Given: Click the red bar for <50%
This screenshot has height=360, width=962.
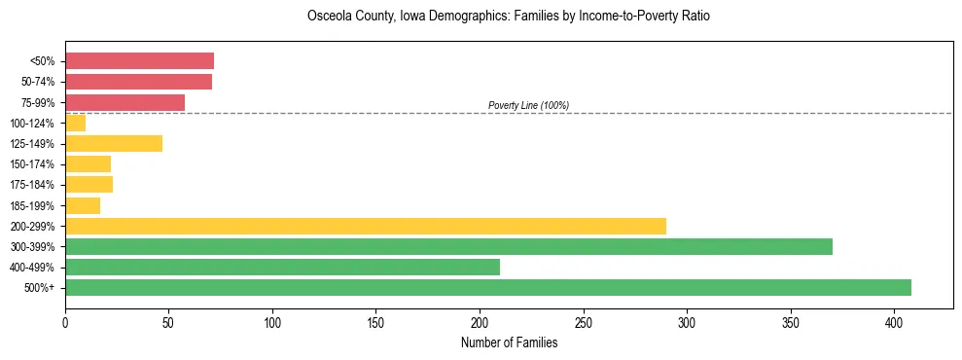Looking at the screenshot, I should point(139,61).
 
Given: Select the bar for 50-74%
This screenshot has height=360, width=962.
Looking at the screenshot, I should point(138,82).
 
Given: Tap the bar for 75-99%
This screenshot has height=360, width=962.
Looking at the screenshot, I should point(125,102).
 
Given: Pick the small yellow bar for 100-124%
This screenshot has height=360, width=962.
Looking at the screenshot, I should point(76,123).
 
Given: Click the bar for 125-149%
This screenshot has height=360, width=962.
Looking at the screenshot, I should point(114,143).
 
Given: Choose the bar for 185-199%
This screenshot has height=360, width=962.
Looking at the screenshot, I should point(83,205).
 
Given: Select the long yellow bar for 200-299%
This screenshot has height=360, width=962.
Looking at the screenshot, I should point(366,226).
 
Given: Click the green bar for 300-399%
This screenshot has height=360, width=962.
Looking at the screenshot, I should point(448,246).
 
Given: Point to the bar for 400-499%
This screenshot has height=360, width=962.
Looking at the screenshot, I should point(282,267).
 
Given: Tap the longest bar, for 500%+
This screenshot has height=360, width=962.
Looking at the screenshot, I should point(488,287).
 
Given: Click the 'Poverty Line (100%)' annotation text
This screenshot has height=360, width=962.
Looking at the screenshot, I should point(528,105).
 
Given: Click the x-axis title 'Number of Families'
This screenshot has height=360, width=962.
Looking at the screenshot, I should point(509,342).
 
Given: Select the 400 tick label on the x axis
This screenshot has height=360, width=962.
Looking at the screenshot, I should point(894,322).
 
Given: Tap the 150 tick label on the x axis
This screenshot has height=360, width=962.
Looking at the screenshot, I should point(375,322).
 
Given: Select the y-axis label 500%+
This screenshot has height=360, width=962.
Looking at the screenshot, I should point(41,288).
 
